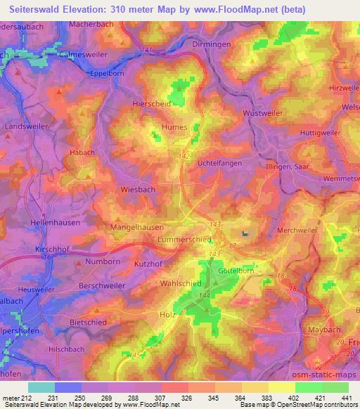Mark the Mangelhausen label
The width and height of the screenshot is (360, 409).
coord(138,228)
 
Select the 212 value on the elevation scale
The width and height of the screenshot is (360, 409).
coord(27,398)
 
